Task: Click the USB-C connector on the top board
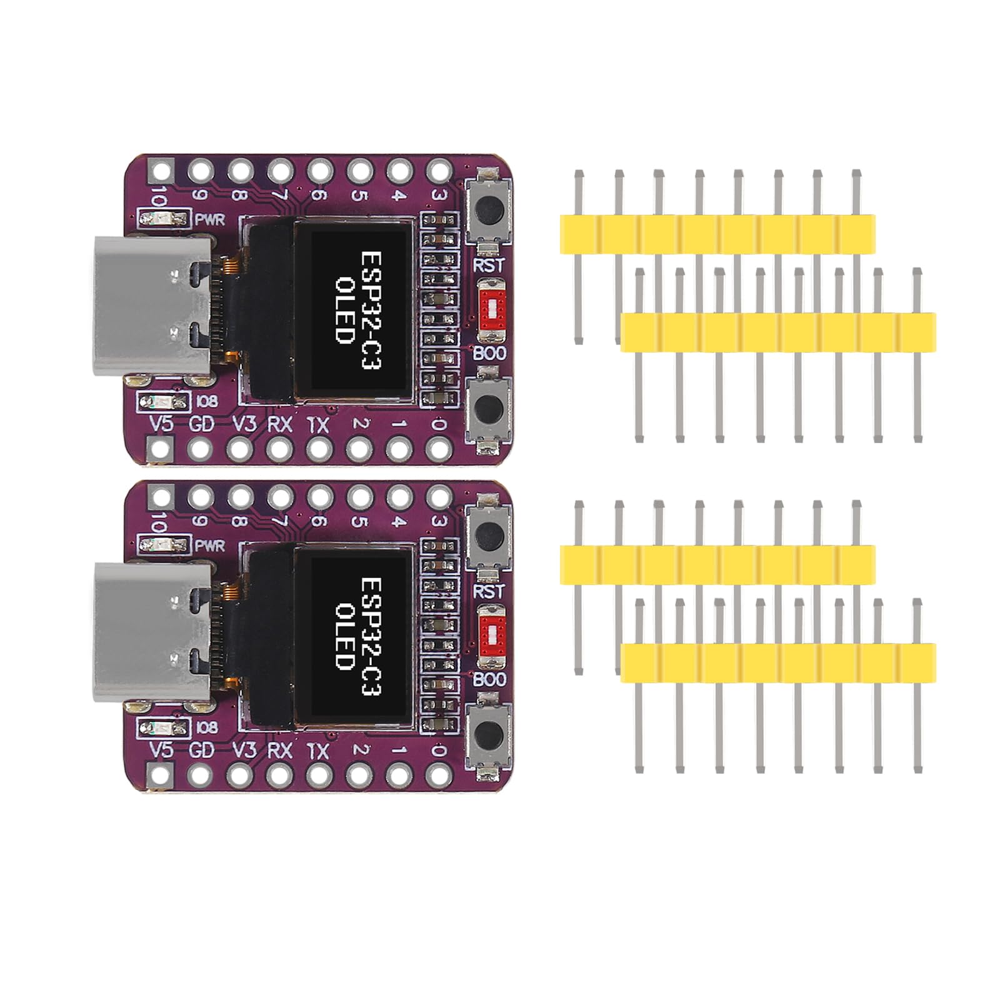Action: click(x=153, y=306)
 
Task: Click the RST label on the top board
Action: click(x=489, y=265)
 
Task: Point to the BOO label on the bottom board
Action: click(x=489, y=679)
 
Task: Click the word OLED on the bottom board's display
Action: click(x=345, y=636)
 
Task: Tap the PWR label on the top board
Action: click(x=210, y=220)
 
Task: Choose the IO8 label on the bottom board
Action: click(x=207, y=727)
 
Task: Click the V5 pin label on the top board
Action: click(x=161, y=424)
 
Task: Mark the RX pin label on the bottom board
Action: click(x=279, y=751)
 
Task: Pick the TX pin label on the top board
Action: click(x=318, y=425)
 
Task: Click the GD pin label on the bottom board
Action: click(x=201, y=751)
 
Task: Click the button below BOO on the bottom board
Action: click(x=489, y=734)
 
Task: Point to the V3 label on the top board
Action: click(x=244, y=424)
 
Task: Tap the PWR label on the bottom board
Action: click(x=210, y=546)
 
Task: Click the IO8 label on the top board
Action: click(x=207, y=401)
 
